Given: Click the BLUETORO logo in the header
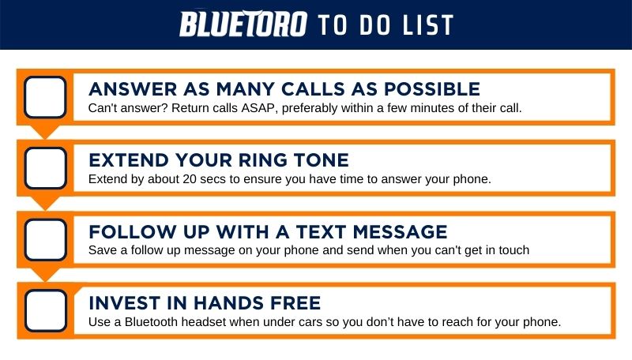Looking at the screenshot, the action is pyautogui.click(x=243, y=24).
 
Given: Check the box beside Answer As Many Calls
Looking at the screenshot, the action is pyautogui.click(x=45, y=97).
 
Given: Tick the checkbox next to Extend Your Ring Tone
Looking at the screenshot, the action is pyautogui.click(x=46, y=168).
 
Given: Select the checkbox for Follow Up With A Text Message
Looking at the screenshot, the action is pyautogui.click(x=46, y=239).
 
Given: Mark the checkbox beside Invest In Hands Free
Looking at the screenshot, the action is pyautogui.click(x=46, y=310).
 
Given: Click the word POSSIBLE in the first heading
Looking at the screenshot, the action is pyautogui.click(x=431, y=89).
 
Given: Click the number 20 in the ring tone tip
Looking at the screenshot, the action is pyautogui.click(x=190, y=178).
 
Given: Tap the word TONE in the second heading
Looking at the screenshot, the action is pyautogui.click(x=321, y=160).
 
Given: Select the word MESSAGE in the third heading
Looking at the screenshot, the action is pyautogui.click(x=400, y=232).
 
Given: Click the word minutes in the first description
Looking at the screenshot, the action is pyautogui.click(x=432, y=108).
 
